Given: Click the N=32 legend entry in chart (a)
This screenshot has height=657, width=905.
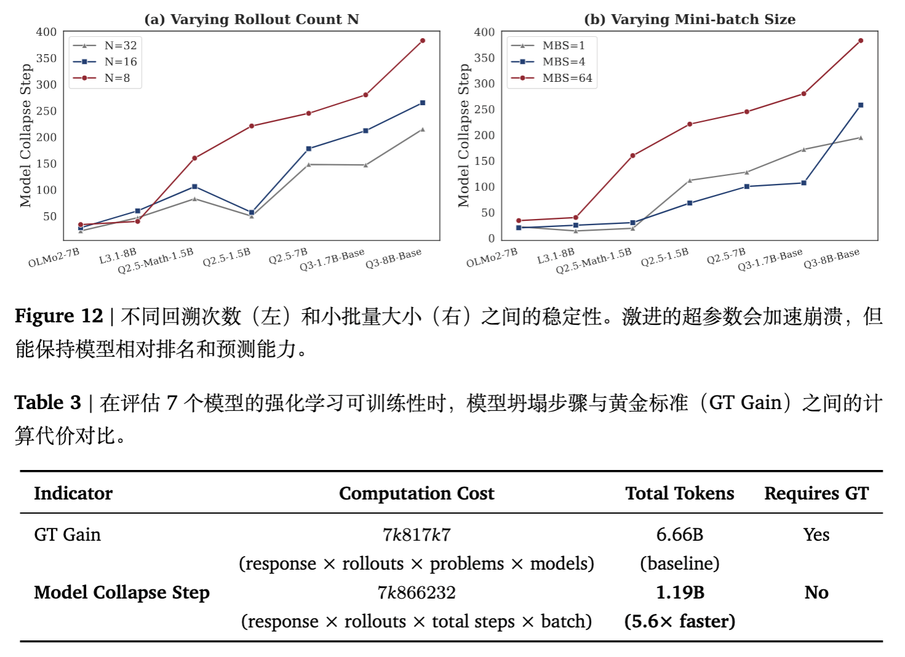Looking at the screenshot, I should tap(120, 46).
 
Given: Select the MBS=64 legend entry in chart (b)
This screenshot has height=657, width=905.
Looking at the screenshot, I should tap(567, 78).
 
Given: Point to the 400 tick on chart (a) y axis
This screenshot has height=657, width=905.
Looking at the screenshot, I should tap(47, 31).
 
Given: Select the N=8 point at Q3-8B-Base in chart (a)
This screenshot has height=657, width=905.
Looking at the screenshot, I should tap(422, 41).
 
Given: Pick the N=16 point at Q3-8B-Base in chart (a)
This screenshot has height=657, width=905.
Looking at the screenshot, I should tap(422, 103).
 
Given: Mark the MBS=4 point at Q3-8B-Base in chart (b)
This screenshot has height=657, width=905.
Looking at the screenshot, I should tap(861, 105).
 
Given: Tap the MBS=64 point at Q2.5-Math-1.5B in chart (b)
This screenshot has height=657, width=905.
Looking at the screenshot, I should tap(633, 156).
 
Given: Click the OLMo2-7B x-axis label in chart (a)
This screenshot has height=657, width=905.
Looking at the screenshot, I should tap(54, 258).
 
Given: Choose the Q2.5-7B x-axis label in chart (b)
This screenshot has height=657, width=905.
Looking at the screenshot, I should tap(726, 256).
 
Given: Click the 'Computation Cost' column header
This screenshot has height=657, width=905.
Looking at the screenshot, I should tap(416, 493).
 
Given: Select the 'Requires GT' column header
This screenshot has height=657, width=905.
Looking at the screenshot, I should tap(816, 493).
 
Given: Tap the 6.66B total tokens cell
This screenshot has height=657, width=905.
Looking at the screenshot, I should tap(679, 535).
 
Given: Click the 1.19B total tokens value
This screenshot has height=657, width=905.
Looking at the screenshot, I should tap(679, 592).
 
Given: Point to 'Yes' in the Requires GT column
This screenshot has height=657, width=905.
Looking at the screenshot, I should tap(816, 535).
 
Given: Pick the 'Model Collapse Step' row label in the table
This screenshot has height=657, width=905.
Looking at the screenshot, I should tap(122, 592).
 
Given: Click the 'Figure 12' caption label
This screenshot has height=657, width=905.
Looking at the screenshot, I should tap(58, 316).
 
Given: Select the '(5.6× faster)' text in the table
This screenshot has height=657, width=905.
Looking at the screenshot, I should tap(679, 621).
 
